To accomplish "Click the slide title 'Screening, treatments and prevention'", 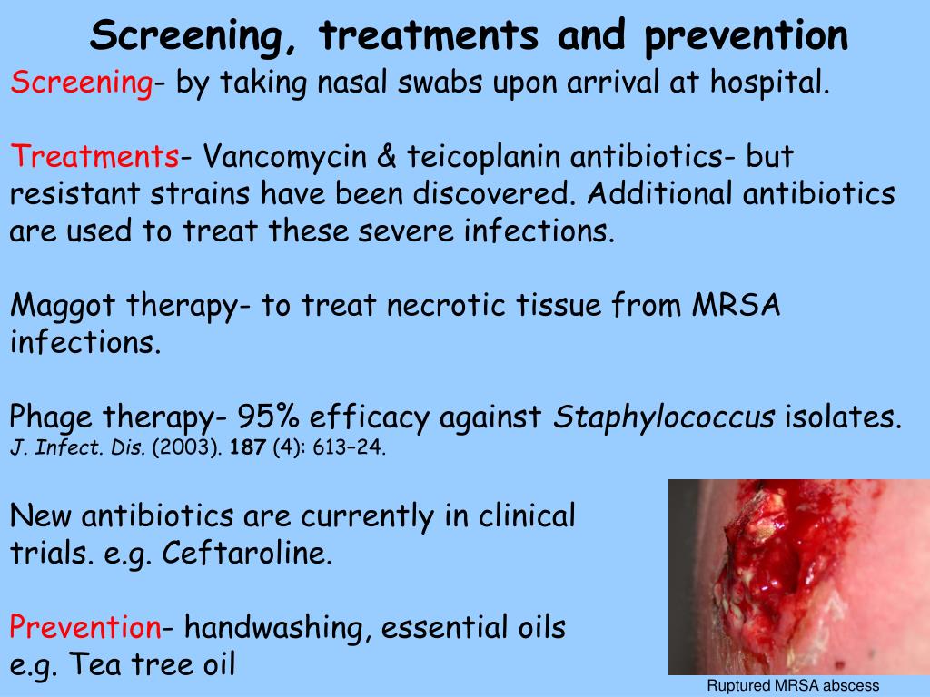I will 469,36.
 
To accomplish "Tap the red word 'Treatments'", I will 94,158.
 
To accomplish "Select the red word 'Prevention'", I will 85,626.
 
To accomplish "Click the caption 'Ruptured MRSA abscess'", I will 794,686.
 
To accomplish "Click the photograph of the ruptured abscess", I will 798,576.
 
